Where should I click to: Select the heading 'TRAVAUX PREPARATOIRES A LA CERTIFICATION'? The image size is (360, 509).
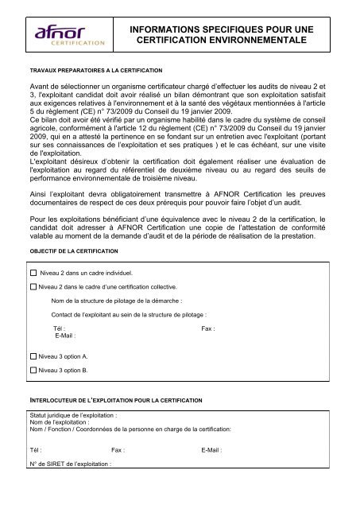[x=95, y=69]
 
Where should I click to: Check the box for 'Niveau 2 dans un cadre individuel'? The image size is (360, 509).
[x=33, y=272]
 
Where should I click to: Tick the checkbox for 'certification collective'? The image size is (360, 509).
[x=33, y=286]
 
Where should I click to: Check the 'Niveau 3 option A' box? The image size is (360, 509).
[x=33, y=356]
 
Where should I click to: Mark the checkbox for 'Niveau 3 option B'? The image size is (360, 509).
[x=33, y=370]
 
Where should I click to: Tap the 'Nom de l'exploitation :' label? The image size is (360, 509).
[x=60, y=422]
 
